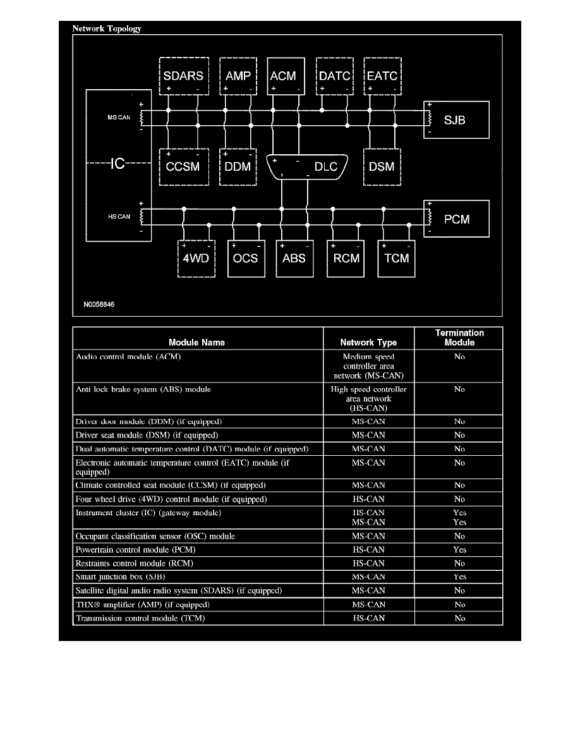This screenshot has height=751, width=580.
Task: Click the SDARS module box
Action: [183, 76]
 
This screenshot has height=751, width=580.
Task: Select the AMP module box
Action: [238, 76]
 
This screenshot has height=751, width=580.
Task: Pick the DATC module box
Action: [334, 76]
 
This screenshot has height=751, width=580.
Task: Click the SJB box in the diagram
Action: [456, 119]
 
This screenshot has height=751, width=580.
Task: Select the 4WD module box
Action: [195, 258]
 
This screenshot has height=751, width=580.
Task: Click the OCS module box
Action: [245, 258]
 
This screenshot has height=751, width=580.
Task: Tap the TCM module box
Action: [397, 258]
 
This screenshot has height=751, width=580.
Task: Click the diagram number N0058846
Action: [99, 304]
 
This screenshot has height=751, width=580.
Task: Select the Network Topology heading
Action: [107, 28]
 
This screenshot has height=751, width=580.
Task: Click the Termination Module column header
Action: [459, 338]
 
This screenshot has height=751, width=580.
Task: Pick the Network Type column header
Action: [368, 343]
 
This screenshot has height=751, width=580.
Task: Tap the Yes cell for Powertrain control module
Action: [459, 550]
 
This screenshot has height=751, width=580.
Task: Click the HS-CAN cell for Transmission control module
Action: [368, 618]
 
